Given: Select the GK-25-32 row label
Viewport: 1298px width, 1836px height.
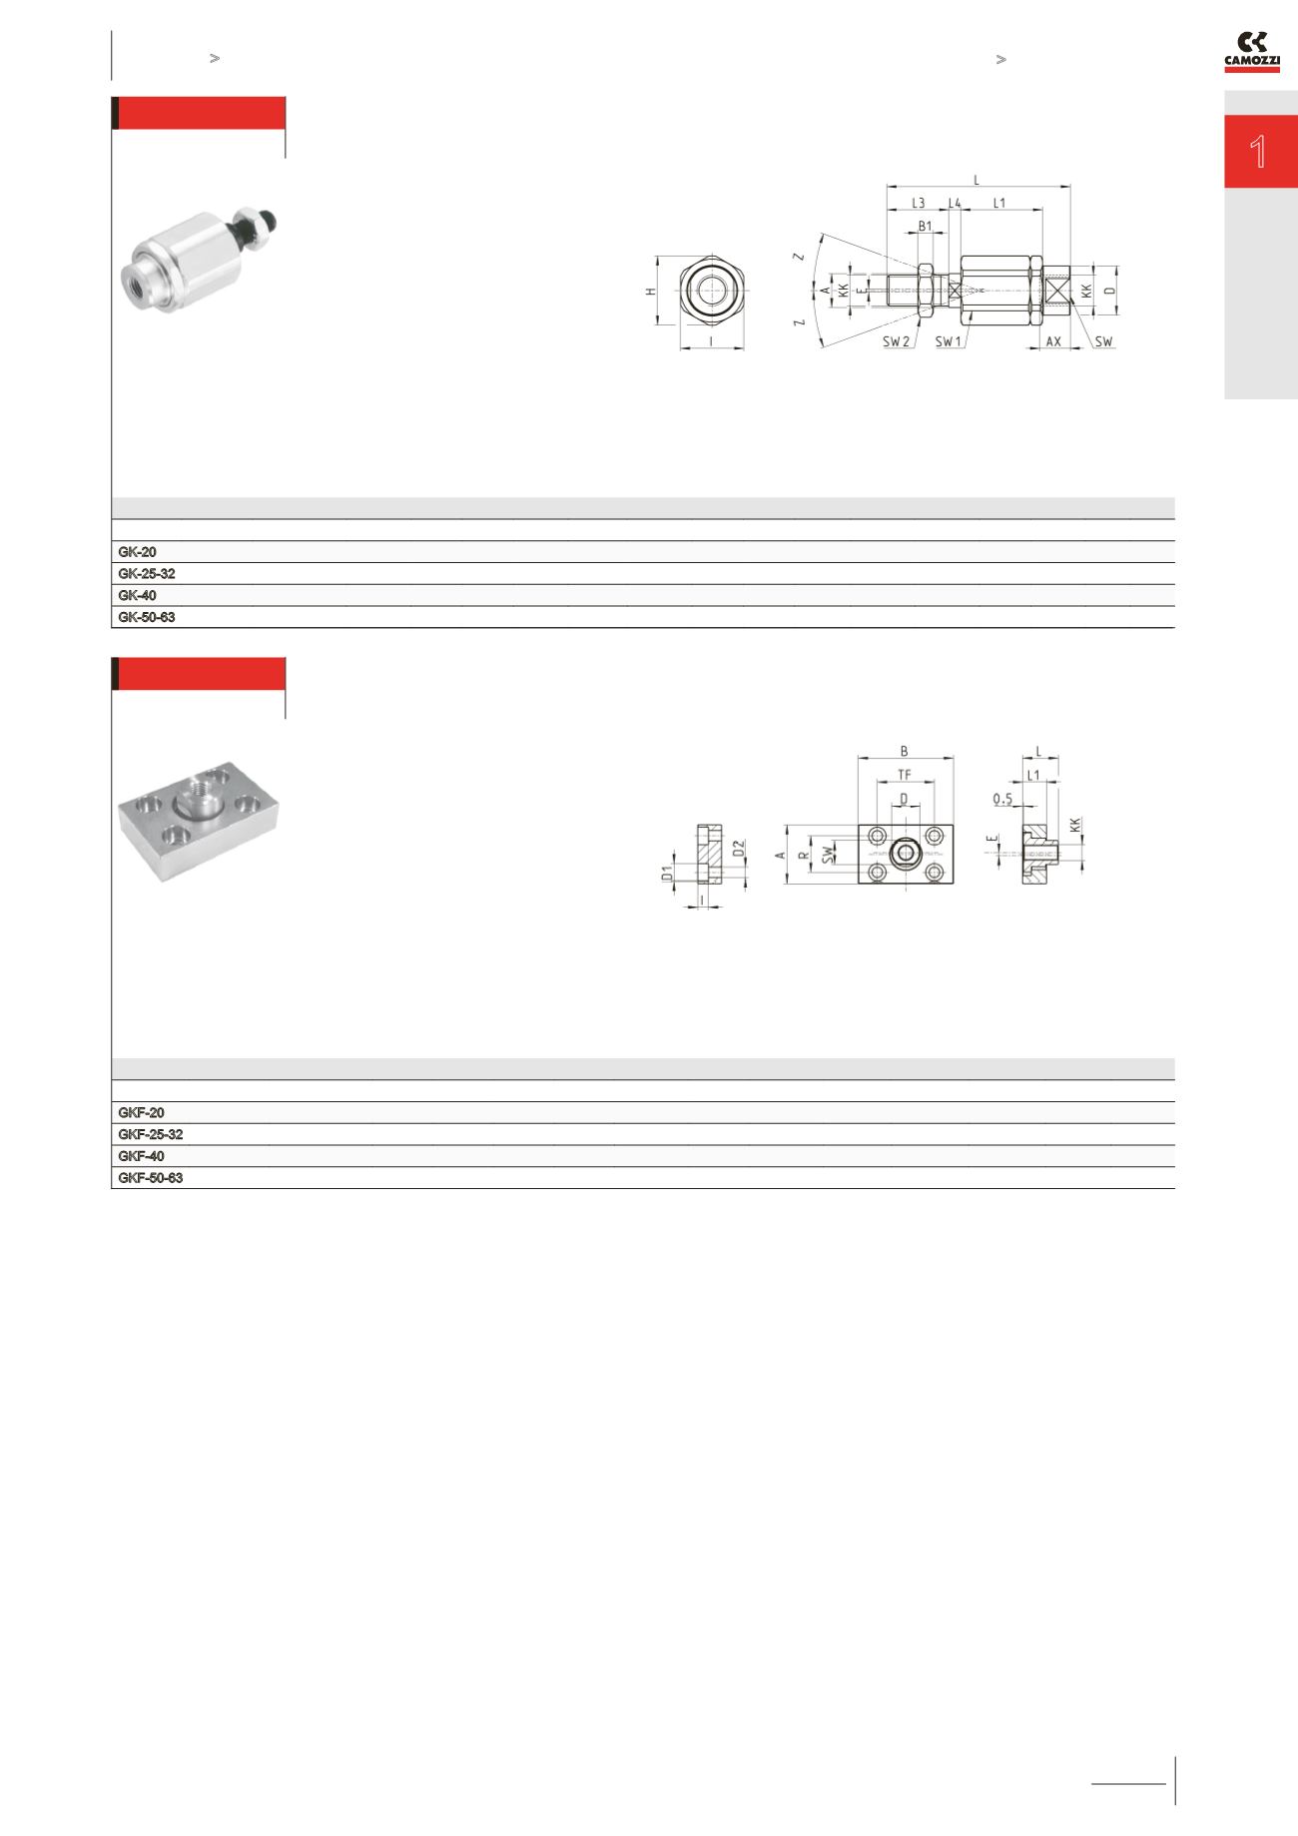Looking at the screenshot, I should (x=147, y=574).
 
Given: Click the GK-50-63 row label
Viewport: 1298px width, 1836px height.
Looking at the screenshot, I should (x=147, y=618).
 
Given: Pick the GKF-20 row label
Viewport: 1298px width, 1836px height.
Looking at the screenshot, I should (x=141, y=1112).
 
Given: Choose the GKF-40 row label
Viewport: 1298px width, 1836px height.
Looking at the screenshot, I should (x=141, y=1156).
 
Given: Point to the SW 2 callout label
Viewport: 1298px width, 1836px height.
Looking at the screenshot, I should (x=896, y=341).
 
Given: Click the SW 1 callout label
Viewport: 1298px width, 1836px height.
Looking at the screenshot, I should (x=949, y=341).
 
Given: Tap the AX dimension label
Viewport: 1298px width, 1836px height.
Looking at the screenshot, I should (x=1053, y=341).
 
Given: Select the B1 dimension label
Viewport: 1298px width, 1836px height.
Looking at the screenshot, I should (x=926, y=227).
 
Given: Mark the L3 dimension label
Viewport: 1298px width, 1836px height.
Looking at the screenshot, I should (x=918, y=203).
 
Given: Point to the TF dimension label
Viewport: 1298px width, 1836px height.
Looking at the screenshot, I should (x=905, y=774).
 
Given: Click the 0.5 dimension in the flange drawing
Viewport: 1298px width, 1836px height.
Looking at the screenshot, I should (x=1002, y=799).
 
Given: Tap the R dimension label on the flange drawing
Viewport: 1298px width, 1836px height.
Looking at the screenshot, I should (x=802, y=856).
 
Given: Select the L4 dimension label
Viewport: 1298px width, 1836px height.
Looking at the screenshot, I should (x=955, y=203).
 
